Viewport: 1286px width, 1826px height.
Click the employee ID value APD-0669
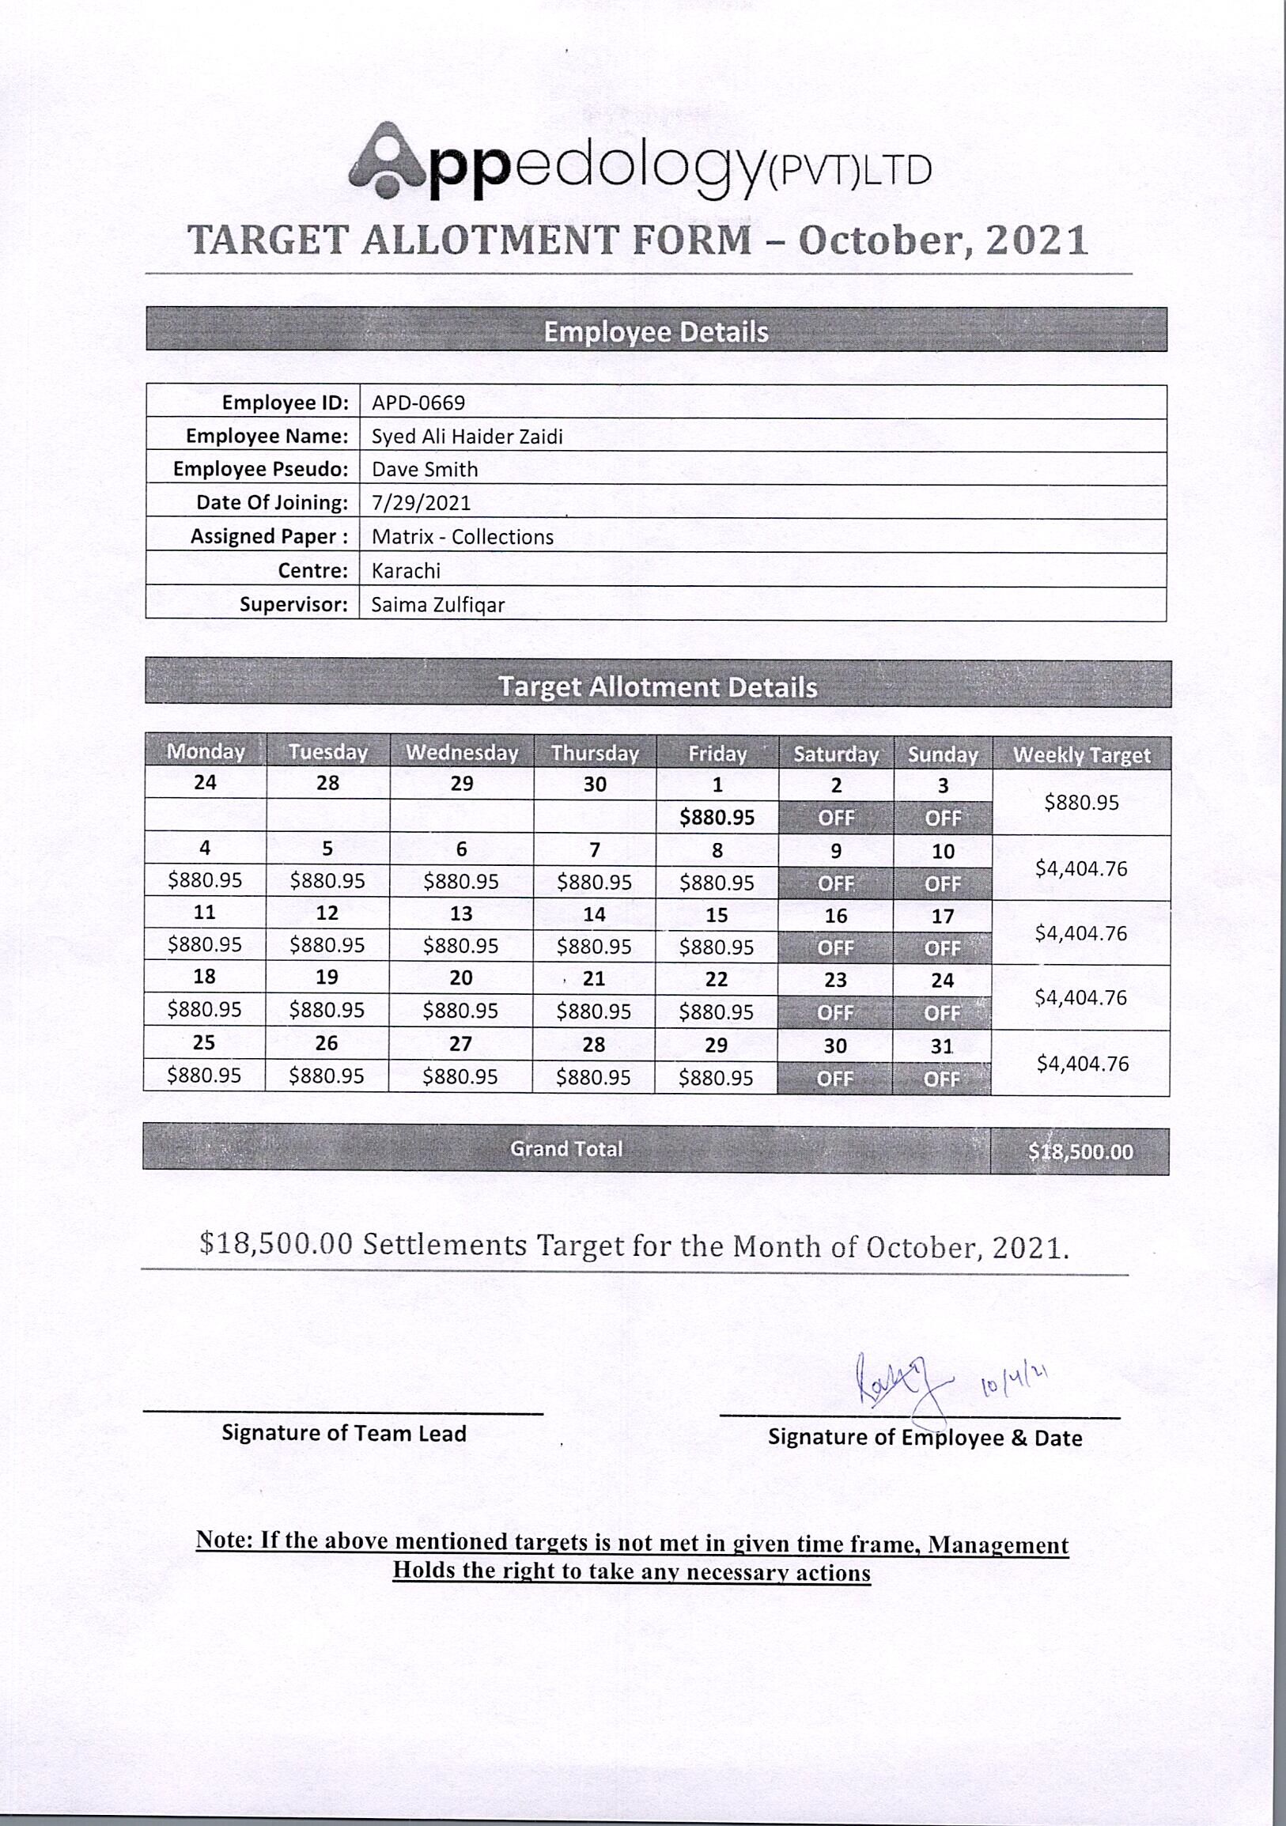coord(418,403)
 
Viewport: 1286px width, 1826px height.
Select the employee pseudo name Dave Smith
coord(425,469)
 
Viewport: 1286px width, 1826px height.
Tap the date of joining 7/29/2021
coord(421,503)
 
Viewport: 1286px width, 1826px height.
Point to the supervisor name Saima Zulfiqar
coord(437,604)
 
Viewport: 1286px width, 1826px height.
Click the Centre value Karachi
coord(406,570)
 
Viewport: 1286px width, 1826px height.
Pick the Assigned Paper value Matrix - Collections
coord(462,537)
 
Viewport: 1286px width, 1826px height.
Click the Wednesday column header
coord(461,752)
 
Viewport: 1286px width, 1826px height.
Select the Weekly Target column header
coord(1081,754)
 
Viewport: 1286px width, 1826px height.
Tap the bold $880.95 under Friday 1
coord(717,818)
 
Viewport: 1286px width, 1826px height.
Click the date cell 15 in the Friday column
coord(717,916)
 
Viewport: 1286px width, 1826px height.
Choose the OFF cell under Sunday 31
coord(942,1079)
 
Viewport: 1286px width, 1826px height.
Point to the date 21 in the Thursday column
coord(594,979)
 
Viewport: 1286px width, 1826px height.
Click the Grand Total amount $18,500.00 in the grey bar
coord(1080,1151)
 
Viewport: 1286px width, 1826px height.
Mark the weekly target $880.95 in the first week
coord(1081,803)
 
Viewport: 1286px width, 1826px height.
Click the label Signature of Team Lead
coord(343,1433)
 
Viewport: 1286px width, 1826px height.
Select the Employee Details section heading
coord(656,331)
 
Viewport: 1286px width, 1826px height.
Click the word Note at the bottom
coord(224,1540)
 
